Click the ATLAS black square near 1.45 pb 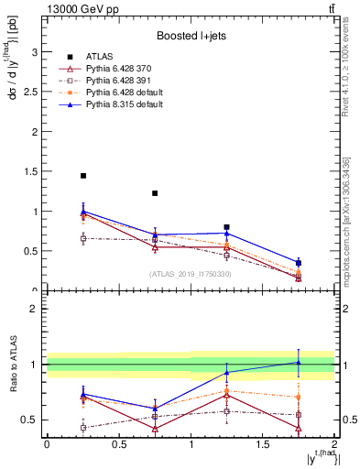pyautogui.click(x=83, y=176)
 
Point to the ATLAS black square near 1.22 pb pyautogui.click(x=155, y=193)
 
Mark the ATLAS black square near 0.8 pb pyautogui.click(x=227, y=227)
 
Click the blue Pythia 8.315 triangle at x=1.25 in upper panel pyautogui.click(x=227, y=234)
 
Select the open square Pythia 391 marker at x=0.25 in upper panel pyautogui.click(x=83, y=238)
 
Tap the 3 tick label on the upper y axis pyautogui.click(x=36, y=53)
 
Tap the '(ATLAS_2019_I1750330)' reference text pyautogui.click(x=190, y=274)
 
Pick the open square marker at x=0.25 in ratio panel pyautogui.click(x=83, y=428)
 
